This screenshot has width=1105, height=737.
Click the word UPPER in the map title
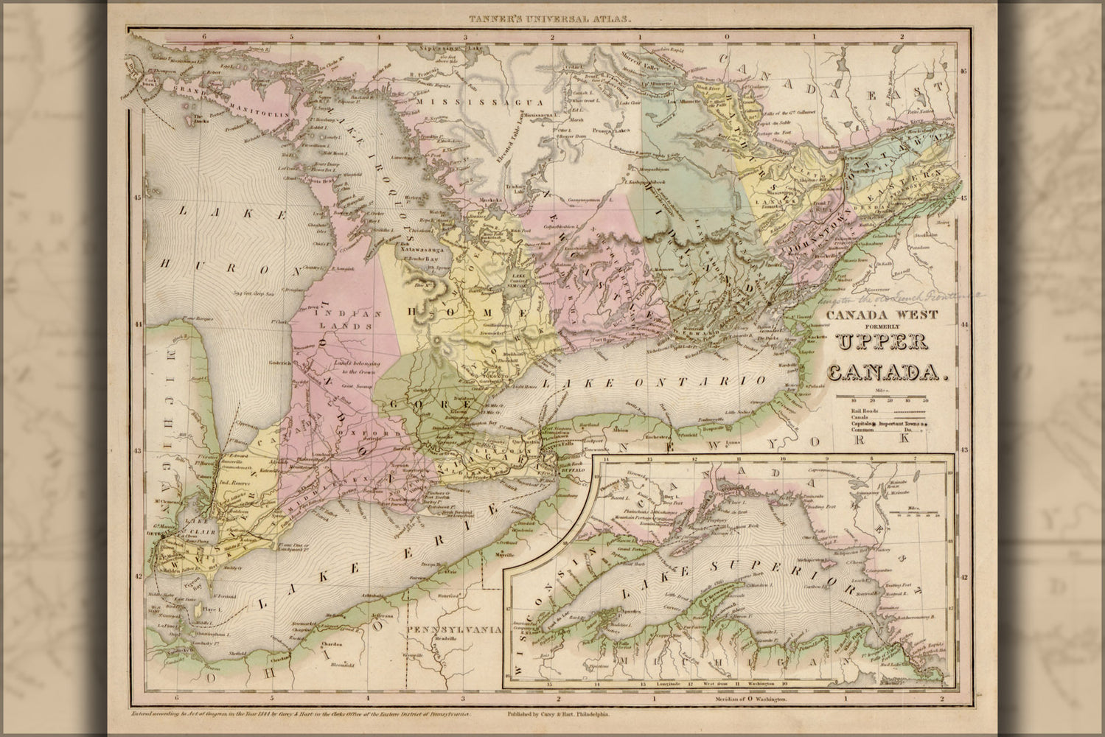click(882, 343)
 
